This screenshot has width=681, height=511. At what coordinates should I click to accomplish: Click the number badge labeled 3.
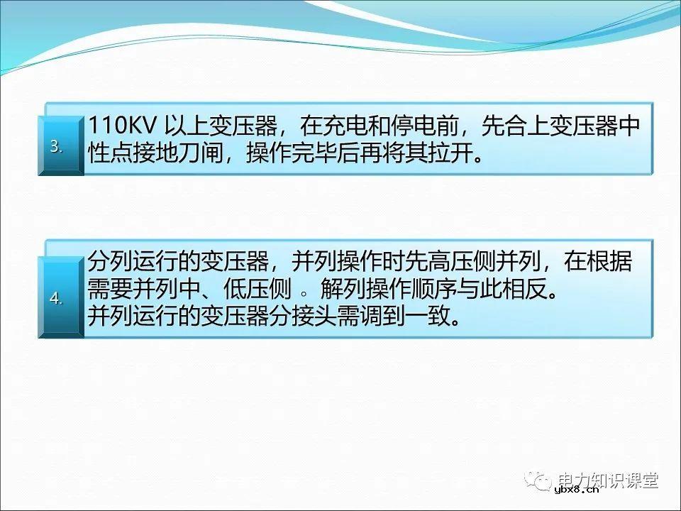58,147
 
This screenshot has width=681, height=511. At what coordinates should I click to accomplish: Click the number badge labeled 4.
58,299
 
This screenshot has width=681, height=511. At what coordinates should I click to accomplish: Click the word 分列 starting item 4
105,263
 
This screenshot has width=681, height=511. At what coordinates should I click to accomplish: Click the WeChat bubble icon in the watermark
542,480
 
